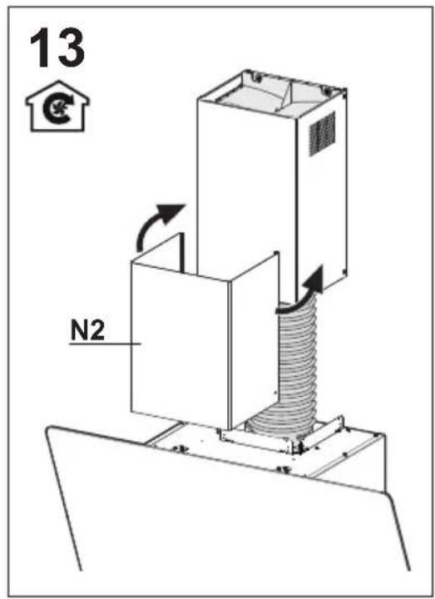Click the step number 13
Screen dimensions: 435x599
(x=57, y=48)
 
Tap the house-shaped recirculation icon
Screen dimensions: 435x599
(x=57, y=106)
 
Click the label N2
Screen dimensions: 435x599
(x=87, y=330)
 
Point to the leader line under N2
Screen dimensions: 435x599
(x=105, y=344)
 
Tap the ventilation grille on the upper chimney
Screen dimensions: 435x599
(x=322, y=133)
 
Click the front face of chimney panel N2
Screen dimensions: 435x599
(x=180, y=344)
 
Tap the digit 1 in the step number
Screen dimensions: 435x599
(x=42, y=48)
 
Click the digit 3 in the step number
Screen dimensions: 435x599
(x=71, y=48)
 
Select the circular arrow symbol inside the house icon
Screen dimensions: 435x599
(x=57, y=109)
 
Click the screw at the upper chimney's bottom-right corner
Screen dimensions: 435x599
(x=344, y=271)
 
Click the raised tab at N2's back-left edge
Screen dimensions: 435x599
(x=182, y=253)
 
